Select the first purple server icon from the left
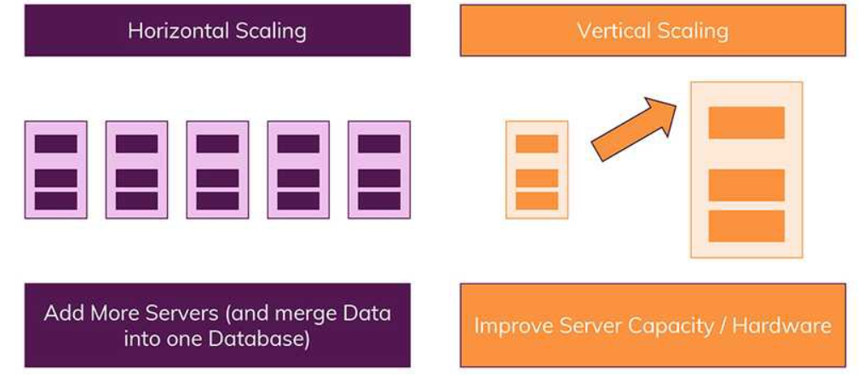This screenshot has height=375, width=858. pos(55,170)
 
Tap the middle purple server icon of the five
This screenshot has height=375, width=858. pos(217,170)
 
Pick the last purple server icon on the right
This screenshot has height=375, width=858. pos(379,170)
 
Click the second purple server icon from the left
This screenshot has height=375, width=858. pos(136,170)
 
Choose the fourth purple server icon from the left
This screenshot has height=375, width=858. pos(298,170)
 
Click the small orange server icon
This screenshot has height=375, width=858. pos(537,170)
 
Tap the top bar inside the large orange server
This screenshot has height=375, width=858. pos(746,123)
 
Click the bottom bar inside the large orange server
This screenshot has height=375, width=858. pos(746,226)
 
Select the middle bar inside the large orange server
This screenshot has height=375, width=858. pos(746,185)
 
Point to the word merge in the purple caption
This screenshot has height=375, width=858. pos(307,313)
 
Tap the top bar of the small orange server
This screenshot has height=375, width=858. pos(537,143)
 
